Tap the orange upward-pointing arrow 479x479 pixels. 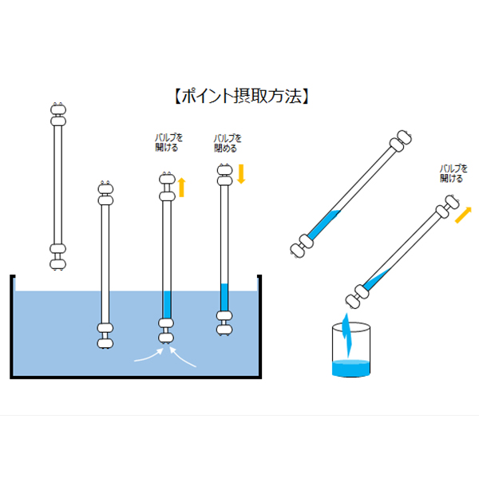click(x=181, y=188)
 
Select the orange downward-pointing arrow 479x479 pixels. click(x=240, y=173)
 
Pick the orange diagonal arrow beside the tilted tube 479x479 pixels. click(x=463, y=213)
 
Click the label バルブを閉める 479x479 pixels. click(x=228, y=142)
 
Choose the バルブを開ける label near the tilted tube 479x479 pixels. click(x=451, y=173)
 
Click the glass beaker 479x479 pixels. click(x=350, y=351)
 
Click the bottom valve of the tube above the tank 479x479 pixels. click(x=57, y=255)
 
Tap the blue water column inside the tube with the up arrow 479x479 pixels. click(x=167, y=304)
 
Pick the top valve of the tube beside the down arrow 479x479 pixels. click(x=224, y=173)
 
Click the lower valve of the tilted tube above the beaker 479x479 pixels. click(x=356, y=295)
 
